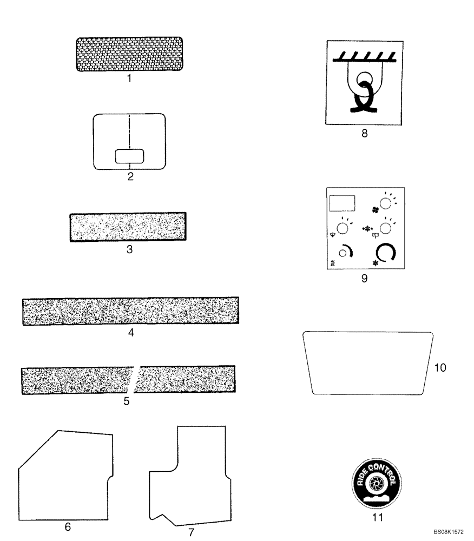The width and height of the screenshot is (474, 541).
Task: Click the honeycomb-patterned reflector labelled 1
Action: [129, 54]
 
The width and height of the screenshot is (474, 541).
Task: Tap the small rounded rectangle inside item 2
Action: [130, 156]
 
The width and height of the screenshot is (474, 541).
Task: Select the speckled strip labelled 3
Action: [128, 227]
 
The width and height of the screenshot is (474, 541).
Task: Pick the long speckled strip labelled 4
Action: [130, 311]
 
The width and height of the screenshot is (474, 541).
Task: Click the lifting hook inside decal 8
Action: [364, 92]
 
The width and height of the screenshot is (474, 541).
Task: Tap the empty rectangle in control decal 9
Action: [342, 203]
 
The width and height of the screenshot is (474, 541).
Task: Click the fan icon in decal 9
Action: [374, 209]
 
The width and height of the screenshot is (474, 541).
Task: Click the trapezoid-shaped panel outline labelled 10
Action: [368, 362]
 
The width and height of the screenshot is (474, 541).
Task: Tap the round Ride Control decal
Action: [377, 481]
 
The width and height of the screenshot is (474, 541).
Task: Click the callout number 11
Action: [377, 517]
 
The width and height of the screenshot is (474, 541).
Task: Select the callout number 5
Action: [127, 401]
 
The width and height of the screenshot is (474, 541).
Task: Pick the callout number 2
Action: [130, 176]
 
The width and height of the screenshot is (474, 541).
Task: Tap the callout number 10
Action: [440, 368]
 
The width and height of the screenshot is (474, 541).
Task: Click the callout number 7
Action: [191, 532]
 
